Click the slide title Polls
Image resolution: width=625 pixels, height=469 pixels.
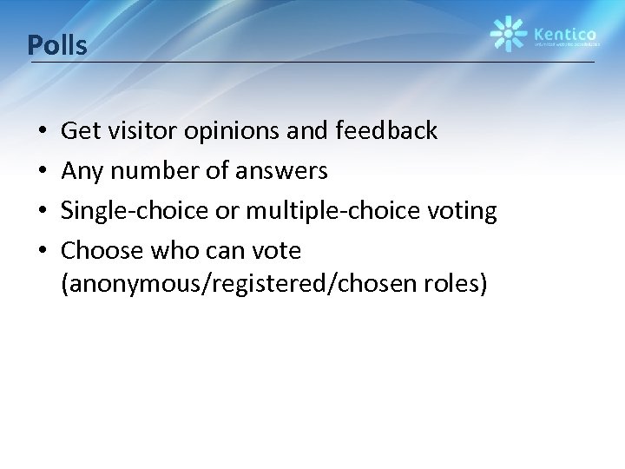[x=57, y=44]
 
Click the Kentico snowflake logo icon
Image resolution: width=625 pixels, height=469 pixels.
[x=509, y=34]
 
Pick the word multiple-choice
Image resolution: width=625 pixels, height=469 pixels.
[x=304, y=211]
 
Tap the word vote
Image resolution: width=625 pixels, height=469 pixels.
[x=276, y=251]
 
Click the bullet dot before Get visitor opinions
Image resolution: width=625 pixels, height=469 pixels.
[x=43, y=132]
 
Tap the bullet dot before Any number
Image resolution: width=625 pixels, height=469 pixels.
[x=43, y=172]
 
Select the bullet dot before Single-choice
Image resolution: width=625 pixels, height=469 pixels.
[x=43, y=212]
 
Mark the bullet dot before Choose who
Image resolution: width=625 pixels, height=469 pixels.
[x=43, y=252]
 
